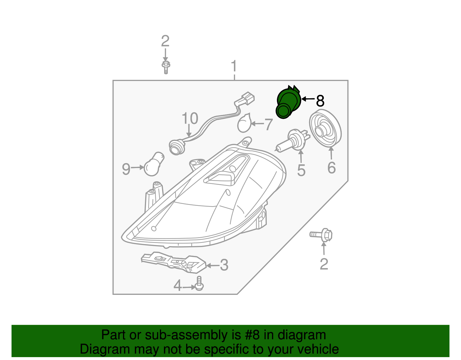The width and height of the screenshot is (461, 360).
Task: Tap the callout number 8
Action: (x=320, y=101)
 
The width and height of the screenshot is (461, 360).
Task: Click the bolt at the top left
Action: (x=166, y=67)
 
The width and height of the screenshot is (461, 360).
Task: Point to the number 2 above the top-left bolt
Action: (x=165, y=41)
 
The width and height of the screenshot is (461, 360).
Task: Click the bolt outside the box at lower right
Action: (x=322, y=235)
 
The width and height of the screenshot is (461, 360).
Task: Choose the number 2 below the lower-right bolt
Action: (x=324, y=264)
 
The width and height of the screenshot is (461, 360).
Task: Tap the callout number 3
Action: (x=224, y=265)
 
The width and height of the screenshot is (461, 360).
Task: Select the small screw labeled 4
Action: (x=199, y=284)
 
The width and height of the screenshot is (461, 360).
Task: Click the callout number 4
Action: (x=177, y=286)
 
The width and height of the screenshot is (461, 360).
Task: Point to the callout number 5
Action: (x=301, y=170)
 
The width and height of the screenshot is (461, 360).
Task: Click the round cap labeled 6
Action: (x=325, y=128)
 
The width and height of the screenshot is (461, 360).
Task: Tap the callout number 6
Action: (x=332, y=168)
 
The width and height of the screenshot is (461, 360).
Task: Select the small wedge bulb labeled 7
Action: (x=244, y=124)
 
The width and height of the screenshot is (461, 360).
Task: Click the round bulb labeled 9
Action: (x=153, y=165)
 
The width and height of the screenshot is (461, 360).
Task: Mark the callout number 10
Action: (x=190, y=118)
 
